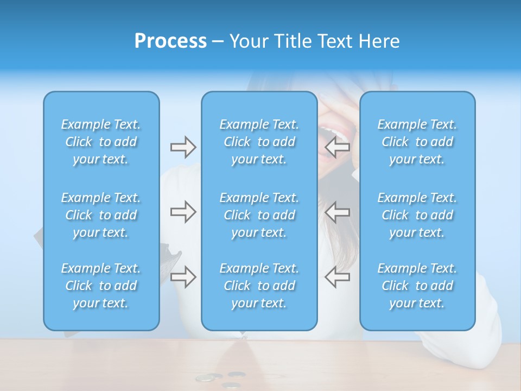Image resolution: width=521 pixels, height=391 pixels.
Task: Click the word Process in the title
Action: coord(170,41)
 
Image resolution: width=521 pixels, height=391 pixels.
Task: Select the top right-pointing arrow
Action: coord(183,147)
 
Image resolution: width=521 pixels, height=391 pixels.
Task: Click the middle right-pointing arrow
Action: coord(183,212)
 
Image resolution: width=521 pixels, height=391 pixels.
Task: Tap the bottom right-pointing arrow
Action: coord(183,276)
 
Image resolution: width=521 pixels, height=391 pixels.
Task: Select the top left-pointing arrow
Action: coord(338,147)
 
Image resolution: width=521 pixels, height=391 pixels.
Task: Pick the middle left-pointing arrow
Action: coord(338,212)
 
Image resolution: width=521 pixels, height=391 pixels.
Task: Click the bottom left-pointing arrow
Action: coord(338,276)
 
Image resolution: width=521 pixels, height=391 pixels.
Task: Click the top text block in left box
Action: coord(101,142)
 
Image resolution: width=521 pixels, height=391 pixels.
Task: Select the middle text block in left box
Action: coord(101,215)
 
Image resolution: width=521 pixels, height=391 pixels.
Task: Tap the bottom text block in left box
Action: coord(101,286)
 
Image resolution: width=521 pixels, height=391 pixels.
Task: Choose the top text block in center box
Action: coord(259,142)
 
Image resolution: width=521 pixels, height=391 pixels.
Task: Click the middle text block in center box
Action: coord(259,215)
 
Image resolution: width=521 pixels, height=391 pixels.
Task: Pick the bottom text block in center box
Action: coord(259,286)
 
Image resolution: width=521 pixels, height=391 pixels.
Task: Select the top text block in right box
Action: coord(417,142)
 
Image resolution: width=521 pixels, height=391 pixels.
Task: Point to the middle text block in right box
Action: coord(417,215)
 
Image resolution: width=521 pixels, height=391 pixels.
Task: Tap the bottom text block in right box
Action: coord(417,286)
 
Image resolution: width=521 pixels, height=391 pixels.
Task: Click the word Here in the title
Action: coord(380,41)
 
